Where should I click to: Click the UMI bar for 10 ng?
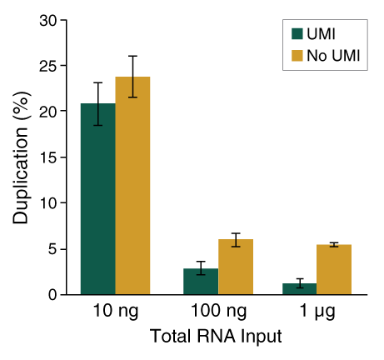click(98, 200)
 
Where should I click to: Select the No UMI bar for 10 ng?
click(132, 187)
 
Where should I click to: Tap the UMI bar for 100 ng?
click(201, 282)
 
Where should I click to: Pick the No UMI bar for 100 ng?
click(235, 267)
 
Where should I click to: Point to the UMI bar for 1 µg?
click(299, 289)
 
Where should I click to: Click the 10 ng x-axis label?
click(115, 314)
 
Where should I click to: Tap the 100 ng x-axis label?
click(217, 314)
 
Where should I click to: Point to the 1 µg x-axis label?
click(316, 314)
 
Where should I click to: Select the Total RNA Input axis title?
click(216, 337)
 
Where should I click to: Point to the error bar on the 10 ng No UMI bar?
click(132, 77)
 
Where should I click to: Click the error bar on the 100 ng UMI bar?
click(201, 268)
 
